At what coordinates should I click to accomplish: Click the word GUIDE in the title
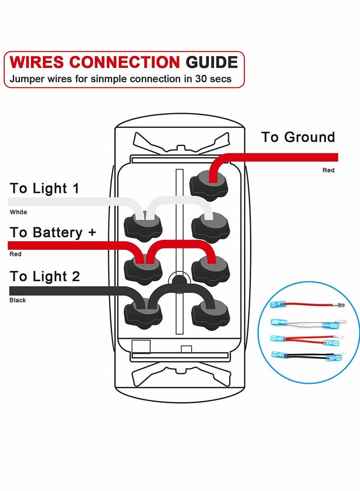pos(212,62)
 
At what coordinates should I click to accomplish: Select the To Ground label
pos(298,137)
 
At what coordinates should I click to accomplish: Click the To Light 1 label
pos(44,188)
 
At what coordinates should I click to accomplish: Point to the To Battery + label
pos(53,232)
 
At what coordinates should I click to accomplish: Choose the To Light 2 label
pos(45,276)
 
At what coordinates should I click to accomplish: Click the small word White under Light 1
pos(18,212)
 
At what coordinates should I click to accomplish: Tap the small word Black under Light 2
pos(18,300)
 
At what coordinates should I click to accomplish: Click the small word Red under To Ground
pos(328,170)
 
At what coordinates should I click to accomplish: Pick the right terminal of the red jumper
pos(211,269)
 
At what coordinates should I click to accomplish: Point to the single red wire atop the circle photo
pos(306,305)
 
